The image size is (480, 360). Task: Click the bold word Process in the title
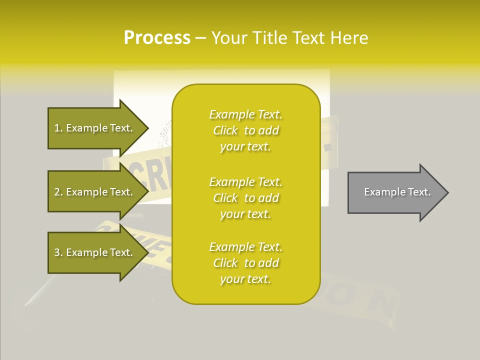click(x=157, y=38)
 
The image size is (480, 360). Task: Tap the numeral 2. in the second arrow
click(x=58, y=192)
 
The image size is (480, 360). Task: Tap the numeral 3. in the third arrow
click(x=58, y=252)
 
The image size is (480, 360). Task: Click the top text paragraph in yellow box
click(x=246, y=130)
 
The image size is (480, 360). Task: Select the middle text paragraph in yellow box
click(x=246, y=198)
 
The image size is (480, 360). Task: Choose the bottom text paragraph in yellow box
click(x=246, y=263)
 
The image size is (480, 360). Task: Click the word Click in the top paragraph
click(x=225, y=131)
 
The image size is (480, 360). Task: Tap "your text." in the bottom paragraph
click(x=245, y=279)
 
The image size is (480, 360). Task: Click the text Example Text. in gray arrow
click(x=397, y=192)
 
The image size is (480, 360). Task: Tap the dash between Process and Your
click(x=201, y=38)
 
